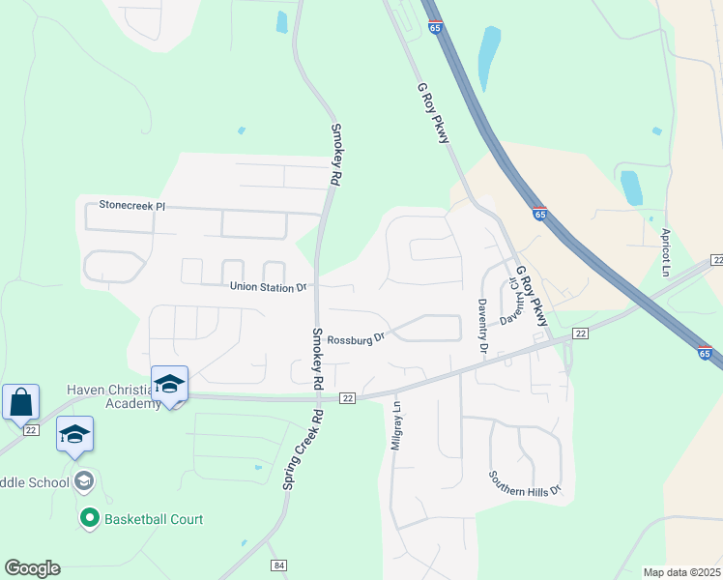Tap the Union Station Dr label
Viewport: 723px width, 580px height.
pyautogui.click(x=268, y=287)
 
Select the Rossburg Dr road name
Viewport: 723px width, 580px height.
pyautogui.click(x=356, y=338)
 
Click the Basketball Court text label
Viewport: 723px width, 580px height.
pyautogui.click(x=154, y=519)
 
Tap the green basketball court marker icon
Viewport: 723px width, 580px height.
pyautogui.click(x=90, y=519)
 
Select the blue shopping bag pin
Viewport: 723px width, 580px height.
pyautogui.click(x=21, y=401)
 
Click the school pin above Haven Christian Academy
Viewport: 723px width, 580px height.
pyautogui.click(x=169, y=384)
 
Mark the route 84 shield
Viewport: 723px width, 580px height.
pyautogui.click(x=279, y=565)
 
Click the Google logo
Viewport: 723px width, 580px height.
pyautogui.click(x=32, y=568)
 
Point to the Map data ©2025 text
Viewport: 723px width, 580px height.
pyautogui.click(x=681, y=572)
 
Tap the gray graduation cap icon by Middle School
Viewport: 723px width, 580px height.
pyautogui.click(x=84, y=481)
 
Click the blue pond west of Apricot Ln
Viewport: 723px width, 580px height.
pyautogui.click(x=631, y=188)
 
